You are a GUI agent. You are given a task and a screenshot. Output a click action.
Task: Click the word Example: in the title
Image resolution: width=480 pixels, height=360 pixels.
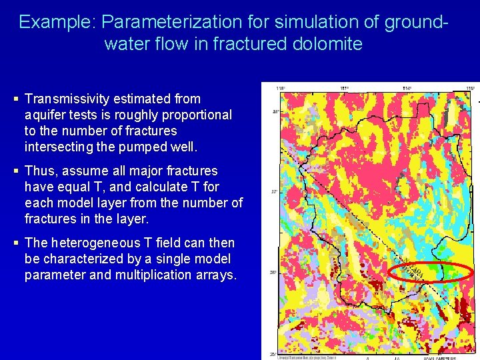pos(57,22)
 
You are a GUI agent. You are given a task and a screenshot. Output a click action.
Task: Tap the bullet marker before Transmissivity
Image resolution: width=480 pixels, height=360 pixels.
pos(15,99)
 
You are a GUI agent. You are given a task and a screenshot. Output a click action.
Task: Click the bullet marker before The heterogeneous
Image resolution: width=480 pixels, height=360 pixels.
pos(15,243)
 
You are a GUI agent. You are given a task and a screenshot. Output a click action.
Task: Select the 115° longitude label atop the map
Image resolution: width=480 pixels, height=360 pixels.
pos(470,87)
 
